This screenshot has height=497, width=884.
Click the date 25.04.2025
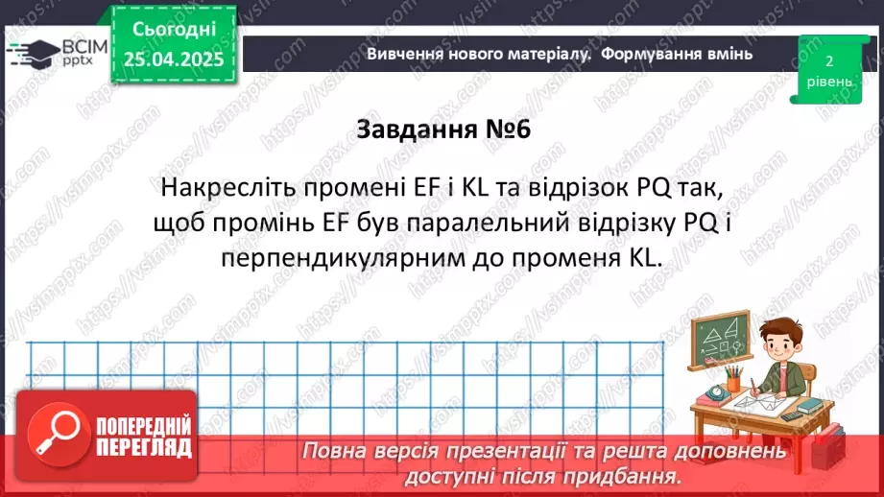pos(175,59)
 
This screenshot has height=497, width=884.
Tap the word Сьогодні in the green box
pos(175,30)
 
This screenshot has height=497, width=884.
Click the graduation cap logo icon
pos(32,52)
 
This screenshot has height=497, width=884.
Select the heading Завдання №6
pos(442,130)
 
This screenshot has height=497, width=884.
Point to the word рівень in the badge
pos(827,82)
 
